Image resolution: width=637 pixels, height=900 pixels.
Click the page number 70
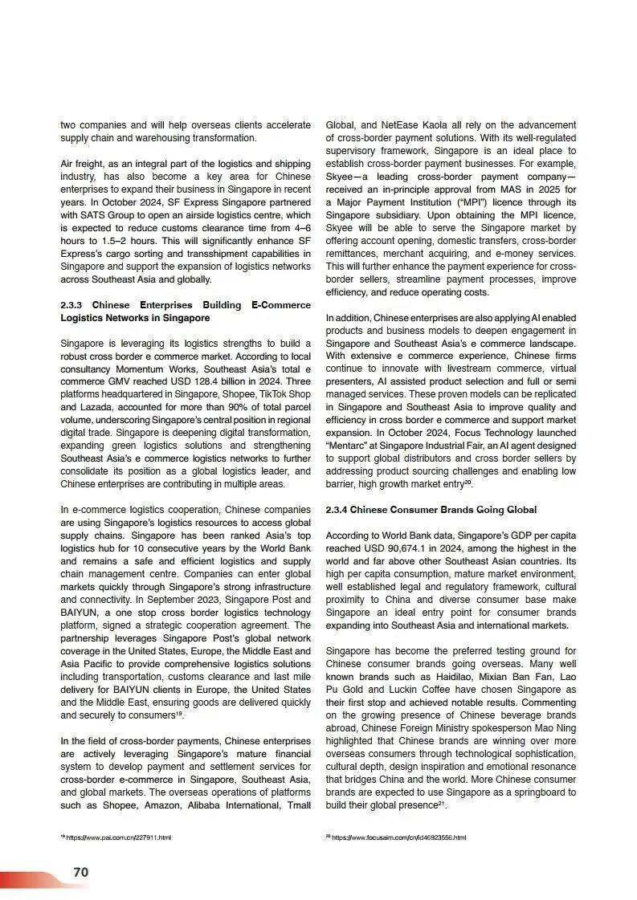(x=80, y=872)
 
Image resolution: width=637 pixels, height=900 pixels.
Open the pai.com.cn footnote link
(x=120, y=837)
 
